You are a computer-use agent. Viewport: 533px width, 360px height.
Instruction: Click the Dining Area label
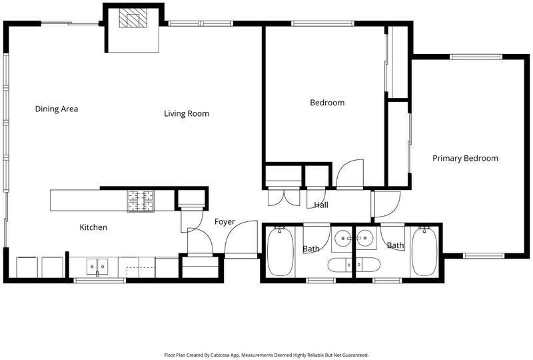point(57,109)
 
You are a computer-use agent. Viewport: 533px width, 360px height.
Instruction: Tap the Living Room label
point(187,113)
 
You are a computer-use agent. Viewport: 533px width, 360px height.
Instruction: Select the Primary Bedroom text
point(465,158)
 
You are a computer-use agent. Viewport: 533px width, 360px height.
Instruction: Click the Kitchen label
point(93,227)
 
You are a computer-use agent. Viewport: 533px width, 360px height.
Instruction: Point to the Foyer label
point(225,222)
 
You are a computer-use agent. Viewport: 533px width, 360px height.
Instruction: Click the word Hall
point(321,205)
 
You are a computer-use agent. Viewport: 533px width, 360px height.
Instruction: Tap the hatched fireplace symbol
point(133,18)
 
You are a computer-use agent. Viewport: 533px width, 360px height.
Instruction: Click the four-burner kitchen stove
point(141,201)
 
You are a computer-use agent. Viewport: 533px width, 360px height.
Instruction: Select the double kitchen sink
point(97,267)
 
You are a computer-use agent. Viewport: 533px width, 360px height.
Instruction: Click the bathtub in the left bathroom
point(280,251)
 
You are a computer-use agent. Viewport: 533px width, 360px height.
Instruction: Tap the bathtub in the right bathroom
point(424,251)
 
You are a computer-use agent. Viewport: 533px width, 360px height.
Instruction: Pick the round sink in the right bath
point(365,237)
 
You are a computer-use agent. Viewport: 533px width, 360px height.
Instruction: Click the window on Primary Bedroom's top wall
point(476,57)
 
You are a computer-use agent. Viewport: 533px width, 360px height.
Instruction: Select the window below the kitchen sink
point(99,281)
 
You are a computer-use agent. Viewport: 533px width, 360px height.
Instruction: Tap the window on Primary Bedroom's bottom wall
point(484,255)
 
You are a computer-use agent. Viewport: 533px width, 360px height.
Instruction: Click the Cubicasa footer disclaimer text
point(266,355)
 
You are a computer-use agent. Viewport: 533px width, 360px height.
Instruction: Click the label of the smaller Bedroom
point(327,103)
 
